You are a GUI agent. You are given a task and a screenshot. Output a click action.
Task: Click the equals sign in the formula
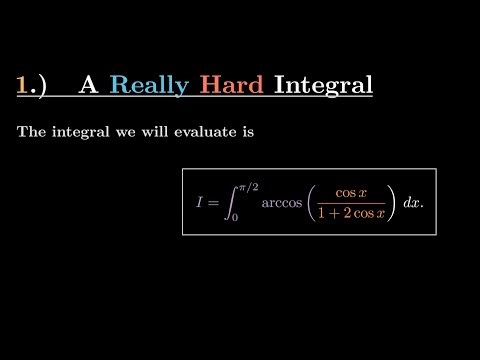click(212, 203)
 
